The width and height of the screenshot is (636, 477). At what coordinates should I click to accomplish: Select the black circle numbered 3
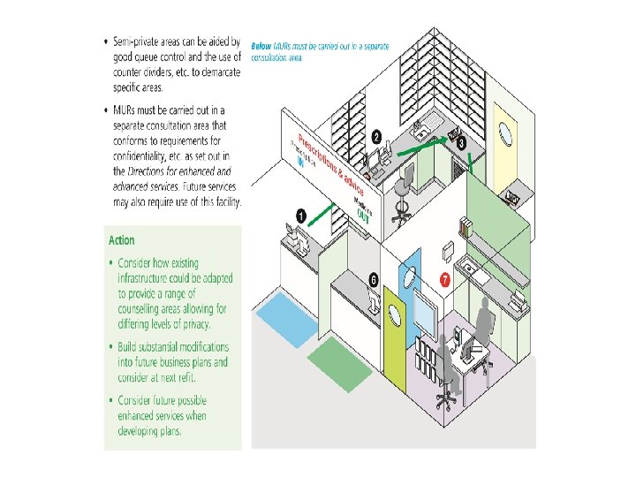461,141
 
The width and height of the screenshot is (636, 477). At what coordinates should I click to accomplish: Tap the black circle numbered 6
374,279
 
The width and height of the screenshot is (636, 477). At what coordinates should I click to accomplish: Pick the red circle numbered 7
445,280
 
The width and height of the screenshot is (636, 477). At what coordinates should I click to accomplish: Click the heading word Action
122,240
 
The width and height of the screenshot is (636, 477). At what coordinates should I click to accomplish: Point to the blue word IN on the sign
299,162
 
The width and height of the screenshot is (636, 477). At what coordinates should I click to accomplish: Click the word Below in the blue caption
261,45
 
